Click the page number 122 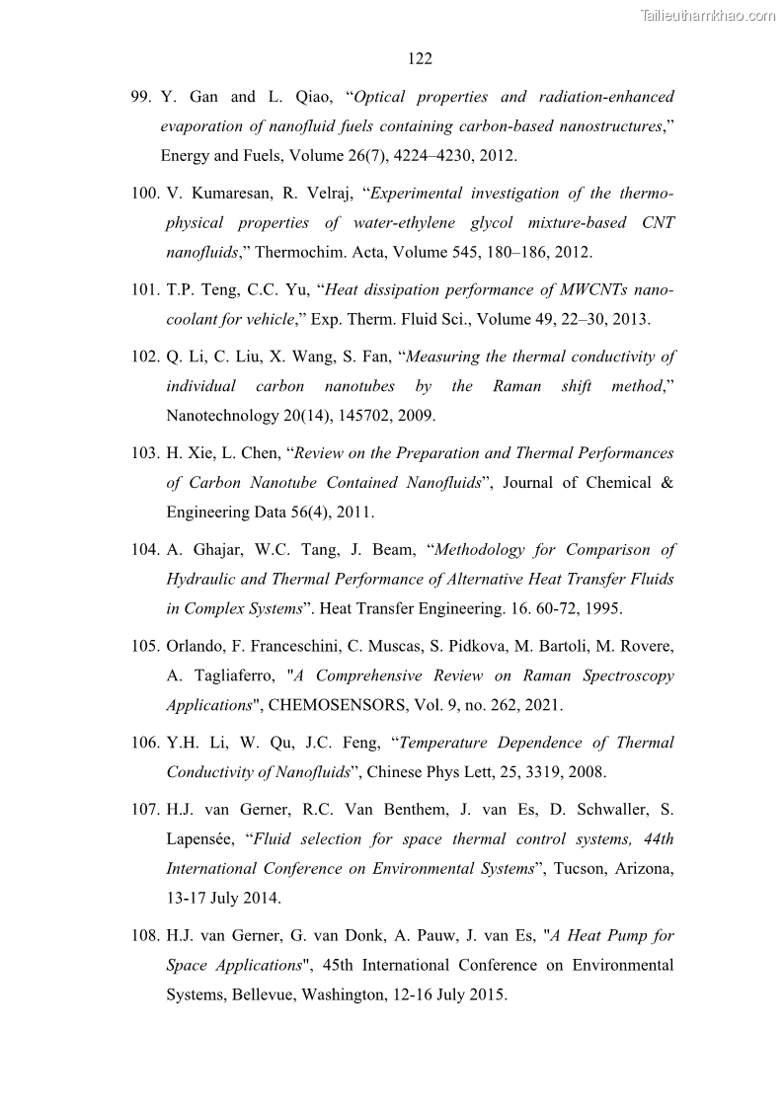pyautogui.click(x=420, y=59)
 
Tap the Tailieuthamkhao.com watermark pyautogui.click(x=708, y=15)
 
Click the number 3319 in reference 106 pyautogui.click(x=556, y=772)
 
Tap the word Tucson pyautogui.click(x=579, y=869)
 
